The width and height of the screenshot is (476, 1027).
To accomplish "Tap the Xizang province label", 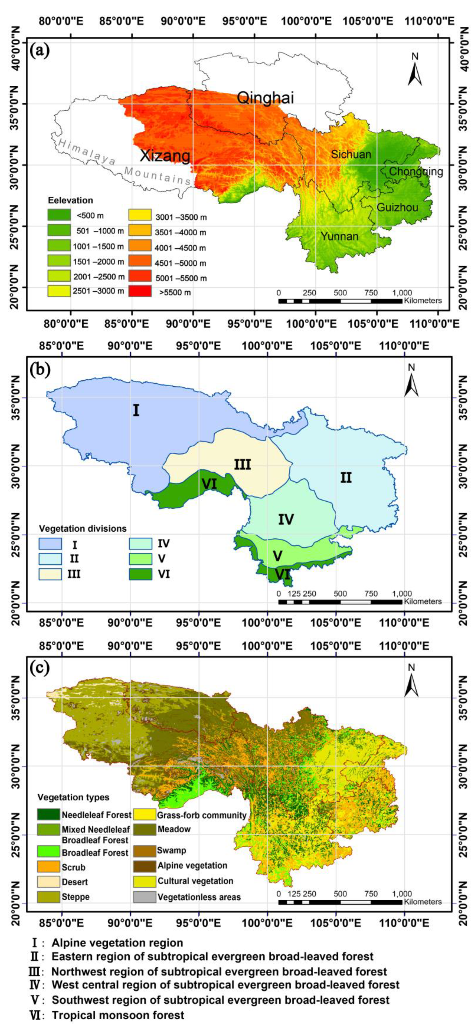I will click(x=165, y=156).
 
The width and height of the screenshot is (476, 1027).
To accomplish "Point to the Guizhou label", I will click(x=397, y=207).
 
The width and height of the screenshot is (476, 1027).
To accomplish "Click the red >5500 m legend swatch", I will click(x=140, y=291).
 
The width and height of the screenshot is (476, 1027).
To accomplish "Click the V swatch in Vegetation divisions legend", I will click(x=141, y=558).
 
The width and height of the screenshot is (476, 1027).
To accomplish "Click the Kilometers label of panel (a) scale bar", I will click(x=423, y=301).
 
